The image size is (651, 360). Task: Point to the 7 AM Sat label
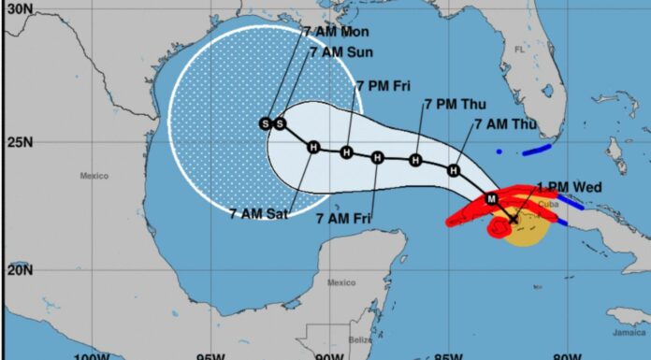258,213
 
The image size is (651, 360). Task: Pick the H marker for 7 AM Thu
454,170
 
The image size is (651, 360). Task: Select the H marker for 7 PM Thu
415,160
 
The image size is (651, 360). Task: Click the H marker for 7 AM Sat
313,147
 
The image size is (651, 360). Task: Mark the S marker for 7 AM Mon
266,123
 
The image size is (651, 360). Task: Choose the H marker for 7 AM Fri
377,156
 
